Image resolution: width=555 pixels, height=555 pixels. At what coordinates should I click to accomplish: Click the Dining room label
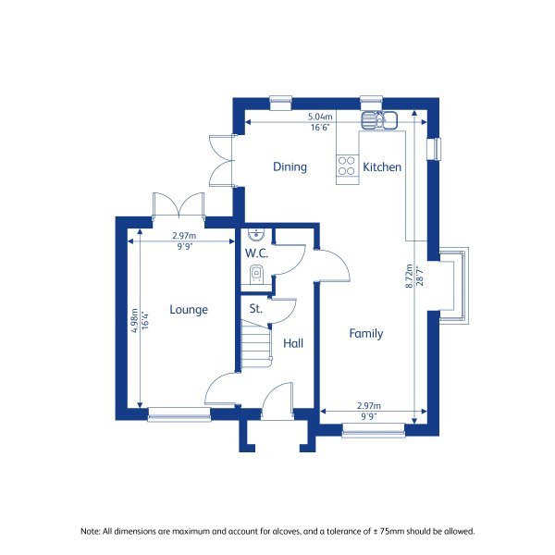pos(290,167)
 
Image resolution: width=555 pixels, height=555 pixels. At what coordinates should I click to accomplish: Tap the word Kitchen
pos(381,167)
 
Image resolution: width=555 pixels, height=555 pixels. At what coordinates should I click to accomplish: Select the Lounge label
pos(189,310)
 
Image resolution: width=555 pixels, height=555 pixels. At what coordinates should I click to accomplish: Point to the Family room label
pos(365,334)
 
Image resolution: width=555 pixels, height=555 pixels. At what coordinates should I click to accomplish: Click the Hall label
pos(293,343)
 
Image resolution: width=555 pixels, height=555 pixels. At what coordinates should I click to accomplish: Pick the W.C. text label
pos(256,253)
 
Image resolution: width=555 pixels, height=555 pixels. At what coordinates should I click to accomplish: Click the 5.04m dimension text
pos(320,117)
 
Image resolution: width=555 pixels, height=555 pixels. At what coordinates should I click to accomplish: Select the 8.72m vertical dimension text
pos(410,277)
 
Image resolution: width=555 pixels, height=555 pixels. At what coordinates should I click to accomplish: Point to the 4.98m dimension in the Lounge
pos(134,319)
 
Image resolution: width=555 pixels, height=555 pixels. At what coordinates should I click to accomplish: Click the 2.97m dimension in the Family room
pos(369,406)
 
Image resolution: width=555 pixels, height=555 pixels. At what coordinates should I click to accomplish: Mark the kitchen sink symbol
pos(379,118)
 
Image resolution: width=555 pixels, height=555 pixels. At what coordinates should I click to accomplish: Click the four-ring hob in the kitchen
pos(348,166)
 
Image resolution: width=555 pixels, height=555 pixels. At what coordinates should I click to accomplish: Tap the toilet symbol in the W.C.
pos(256,273)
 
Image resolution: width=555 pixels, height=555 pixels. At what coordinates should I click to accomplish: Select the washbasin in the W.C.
pos(256,234)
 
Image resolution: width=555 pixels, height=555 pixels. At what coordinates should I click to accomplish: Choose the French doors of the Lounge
pos(179,205)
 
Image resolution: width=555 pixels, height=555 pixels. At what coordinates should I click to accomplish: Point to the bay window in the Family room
pos(453,284)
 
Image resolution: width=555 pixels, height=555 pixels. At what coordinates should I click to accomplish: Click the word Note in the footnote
pos(90,531)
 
